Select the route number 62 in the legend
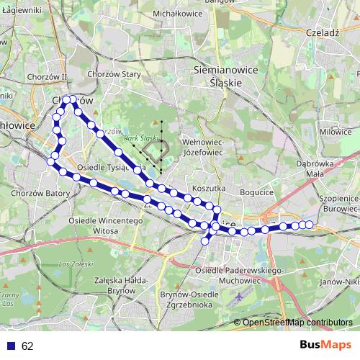(x=27, y=346)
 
